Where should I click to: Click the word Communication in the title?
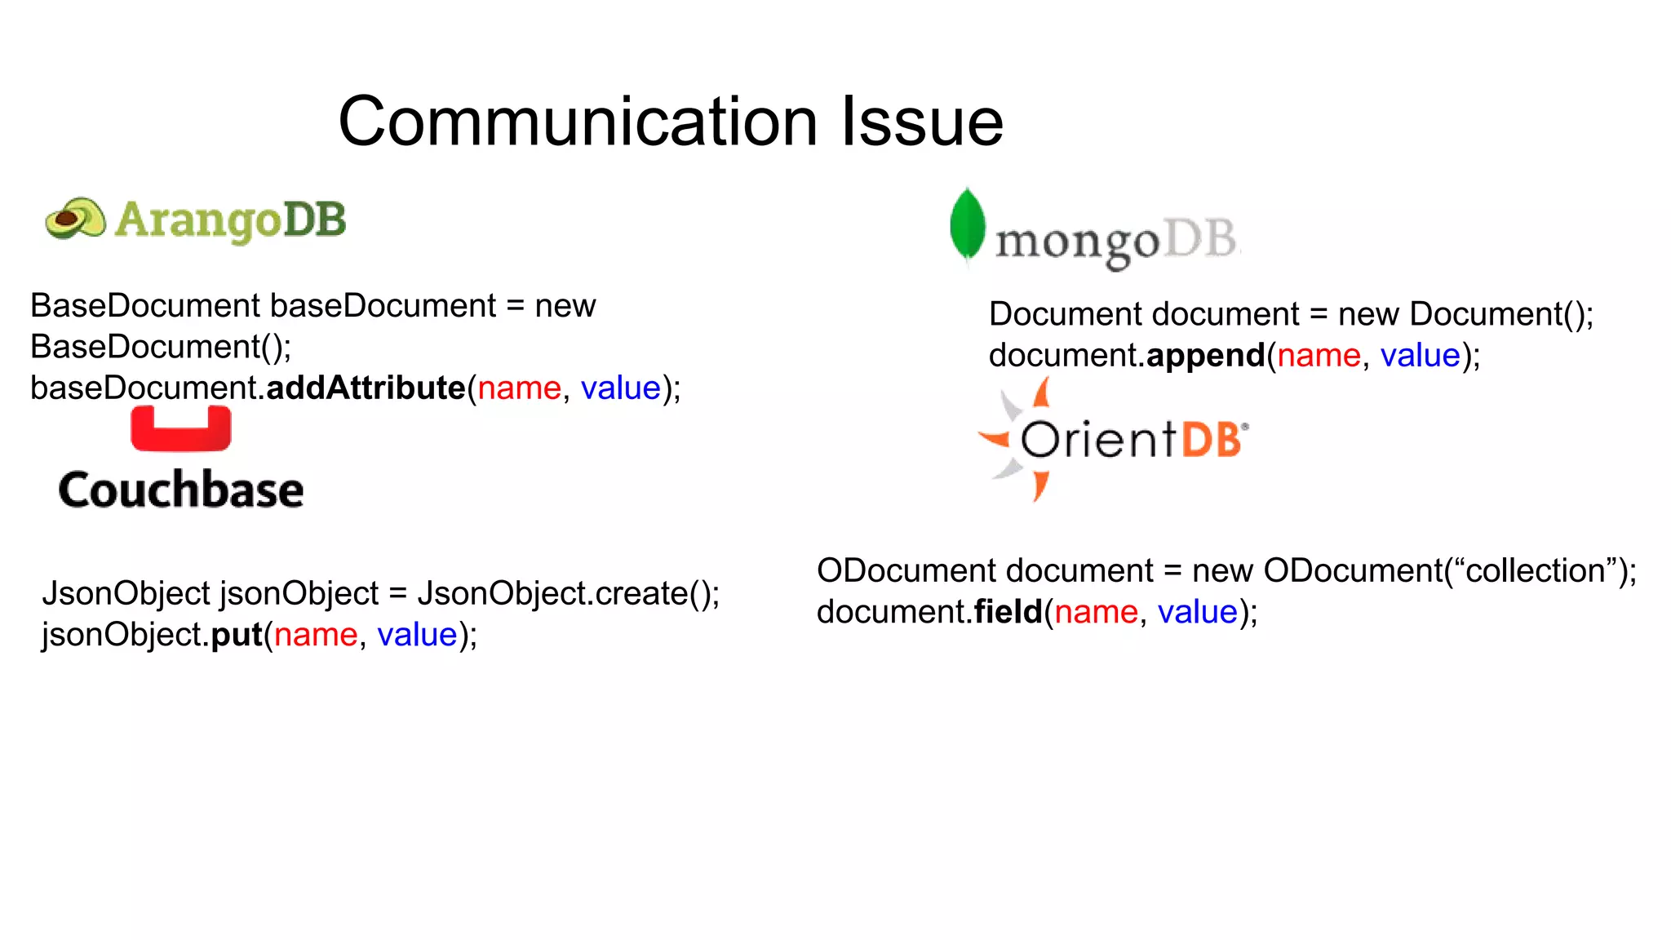click(x=578, y=122)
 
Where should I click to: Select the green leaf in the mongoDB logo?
click(x=967, y=225)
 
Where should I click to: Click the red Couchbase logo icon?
click(x=181, y=429)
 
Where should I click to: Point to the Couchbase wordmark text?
click(x=181, y=490)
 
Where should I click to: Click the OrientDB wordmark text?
click(x=1132, y=440)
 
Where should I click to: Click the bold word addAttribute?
click(x=366, y=388)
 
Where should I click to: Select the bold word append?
click(x=1206, y=356)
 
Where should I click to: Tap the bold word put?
click(x=237, y=635)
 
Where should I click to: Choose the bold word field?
click(x=1008, y=612)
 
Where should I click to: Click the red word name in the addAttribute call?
click(x=520, y=388)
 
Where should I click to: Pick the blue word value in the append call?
click(x=1420, y=356)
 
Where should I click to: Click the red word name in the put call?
click(x=316, y=635)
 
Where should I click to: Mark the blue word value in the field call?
click(x=1198, y=612)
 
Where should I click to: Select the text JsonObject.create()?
click(x=569, y=594)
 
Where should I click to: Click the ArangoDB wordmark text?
click(x=231, y=220)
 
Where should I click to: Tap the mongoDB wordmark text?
click(x=1115, y=242)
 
